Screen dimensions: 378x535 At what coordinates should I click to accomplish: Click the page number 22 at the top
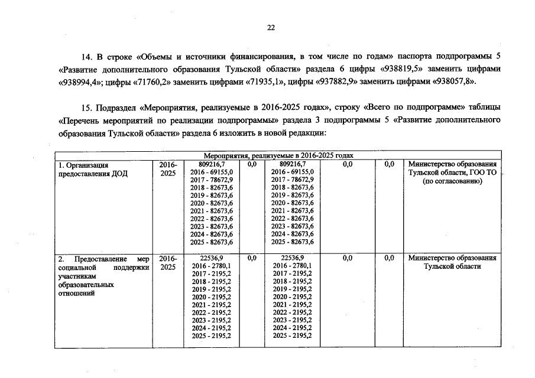(x=271, y=27)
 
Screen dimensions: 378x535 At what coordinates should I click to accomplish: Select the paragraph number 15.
(x=87, y=108)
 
